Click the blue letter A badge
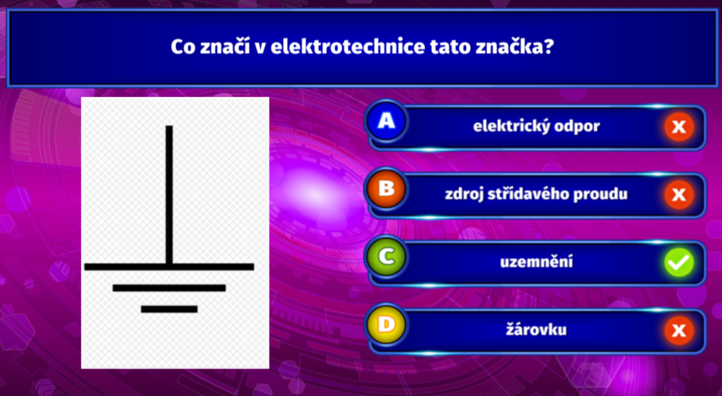coord(386,121)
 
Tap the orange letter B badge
coord(386,189)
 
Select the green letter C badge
coord(386,257)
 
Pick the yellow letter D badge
coord(386,324)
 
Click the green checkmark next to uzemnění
coord(679,262)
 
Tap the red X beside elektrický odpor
coord(679,127)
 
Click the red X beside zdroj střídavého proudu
coord(679,194)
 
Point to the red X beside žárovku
coord(679,330)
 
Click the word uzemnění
coord(536,262)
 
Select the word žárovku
coord(536,329)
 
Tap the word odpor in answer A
coord(577,126)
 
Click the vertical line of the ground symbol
coord(169,195)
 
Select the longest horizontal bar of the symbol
coord(169,266)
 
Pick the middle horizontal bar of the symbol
coord(169,288)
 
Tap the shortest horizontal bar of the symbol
coord(169,309)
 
